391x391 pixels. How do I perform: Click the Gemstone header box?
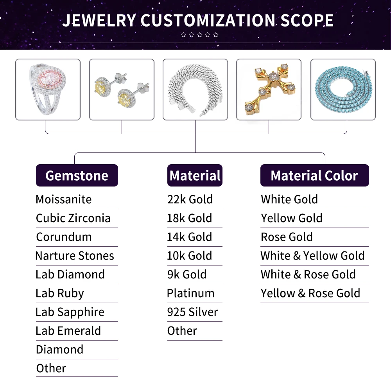pyautogui.click(x=77, y=176)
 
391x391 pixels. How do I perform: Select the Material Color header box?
pyautogui.click(x=314, y=176)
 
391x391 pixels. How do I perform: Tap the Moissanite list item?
pyautogui.click(x=63, y=199)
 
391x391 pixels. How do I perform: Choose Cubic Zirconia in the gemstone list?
pyautogui.click(x=73, y=218)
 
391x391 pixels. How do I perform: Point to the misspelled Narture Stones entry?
pyautogui.click(x=75, y=256)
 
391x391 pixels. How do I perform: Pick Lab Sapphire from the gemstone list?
pyautogui.click(x=70, y=312)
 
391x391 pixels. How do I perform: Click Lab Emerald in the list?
pyautogui.click(x=68, y=331)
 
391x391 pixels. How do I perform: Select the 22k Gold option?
pyautogui.click(x=190, y=199)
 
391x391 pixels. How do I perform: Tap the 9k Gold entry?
pyautogui.click(x=187, y=274)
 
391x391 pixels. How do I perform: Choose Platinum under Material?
pyautogui.click(x=191, y=293)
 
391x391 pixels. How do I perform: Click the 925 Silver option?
pyautogui.click(x=192, y=312)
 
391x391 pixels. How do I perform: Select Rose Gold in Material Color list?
pyautogui.click(x=287, y=237)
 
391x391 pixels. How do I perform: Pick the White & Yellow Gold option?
pyautogui.click(x=312, y=256)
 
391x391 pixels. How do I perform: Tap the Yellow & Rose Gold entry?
pyautogui.click(x=310, y=293)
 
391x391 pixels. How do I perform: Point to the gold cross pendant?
pyautogui.click(x=269, y=89)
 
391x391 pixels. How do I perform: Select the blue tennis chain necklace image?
pyautogui.click(x=343, y=89)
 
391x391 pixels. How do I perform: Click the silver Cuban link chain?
pyautogui.click(x=195, y=89)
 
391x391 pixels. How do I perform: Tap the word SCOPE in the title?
pyautogui.click(x=304, y=20)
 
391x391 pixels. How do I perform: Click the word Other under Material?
pyautogui.click(x=182, y=331)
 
